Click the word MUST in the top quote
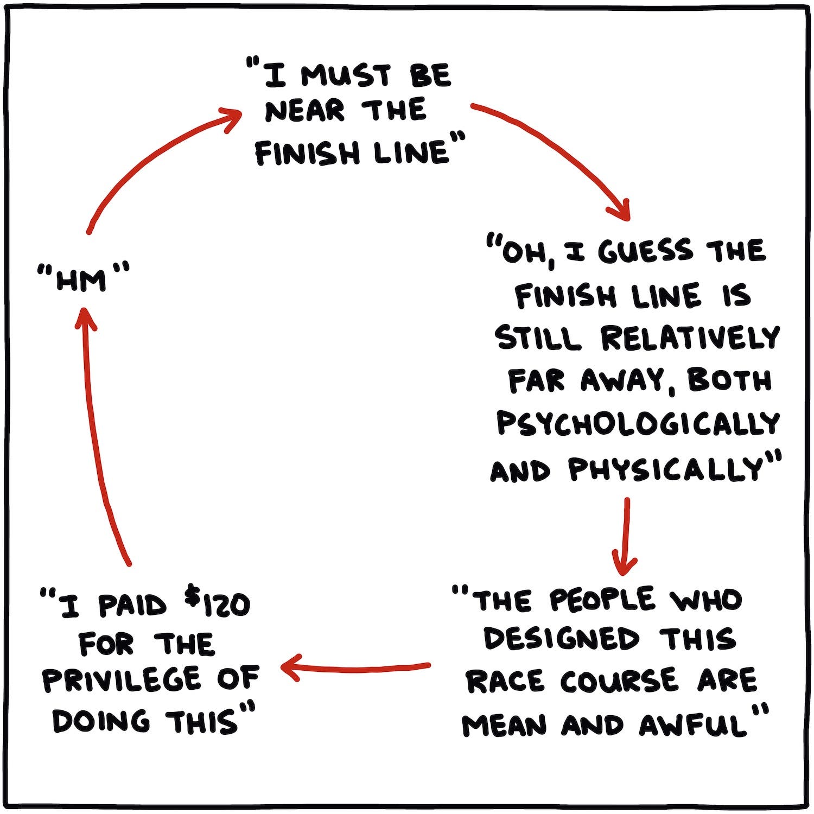(346, 75)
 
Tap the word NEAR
(304, 112)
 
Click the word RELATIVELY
(690, 338)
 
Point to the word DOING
(100, 722)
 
